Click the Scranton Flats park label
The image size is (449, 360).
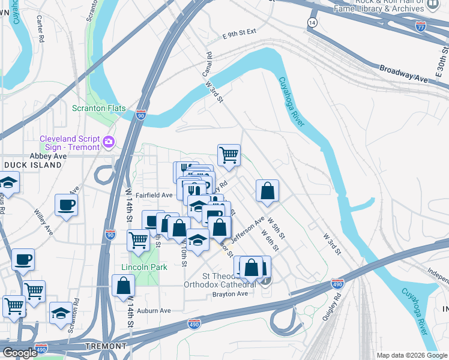(99, 108)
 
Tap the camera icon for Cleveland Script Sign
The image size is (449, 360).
(109, 142)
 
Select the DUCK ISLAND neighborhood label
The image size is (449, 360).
(35, 164)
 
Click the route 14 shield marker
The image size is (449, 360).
(312, 22)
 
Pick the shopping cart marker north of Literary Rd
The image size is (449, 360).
(229, 155)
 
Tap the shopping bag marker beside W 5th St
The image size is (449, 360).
(268, 191)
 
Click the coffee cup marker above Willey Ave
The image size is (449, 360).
(66, 205)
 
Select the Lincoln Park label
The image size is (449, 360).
(144, 266)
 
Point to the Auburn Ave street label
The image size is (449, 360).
(154, 310)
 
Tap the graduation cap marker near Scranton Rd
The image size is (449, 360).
(61, 313)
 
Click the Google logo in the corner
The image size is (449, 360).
(20, 353)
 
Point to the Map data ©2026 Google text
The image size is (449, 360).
(411, 355)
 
